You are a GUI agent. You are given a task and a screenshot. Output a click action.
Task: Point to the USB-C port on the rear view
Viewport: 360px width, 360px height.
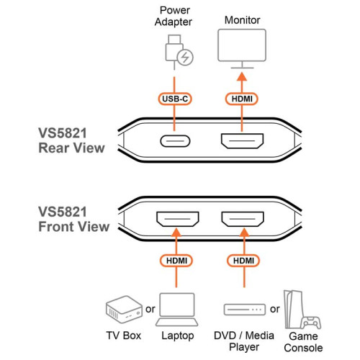click(174, 141)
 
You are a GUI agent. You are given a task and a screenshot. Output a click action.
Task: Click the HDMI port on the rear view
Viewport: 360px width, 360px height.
click(242, 141)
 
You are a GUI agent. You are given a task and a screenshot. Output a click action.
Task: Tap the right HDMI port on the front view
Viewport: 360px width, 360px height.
click(242, 218)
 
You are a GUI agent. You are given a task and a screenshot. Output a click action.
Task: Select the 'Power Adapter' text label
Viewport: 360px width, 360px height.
click(173, 17)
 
